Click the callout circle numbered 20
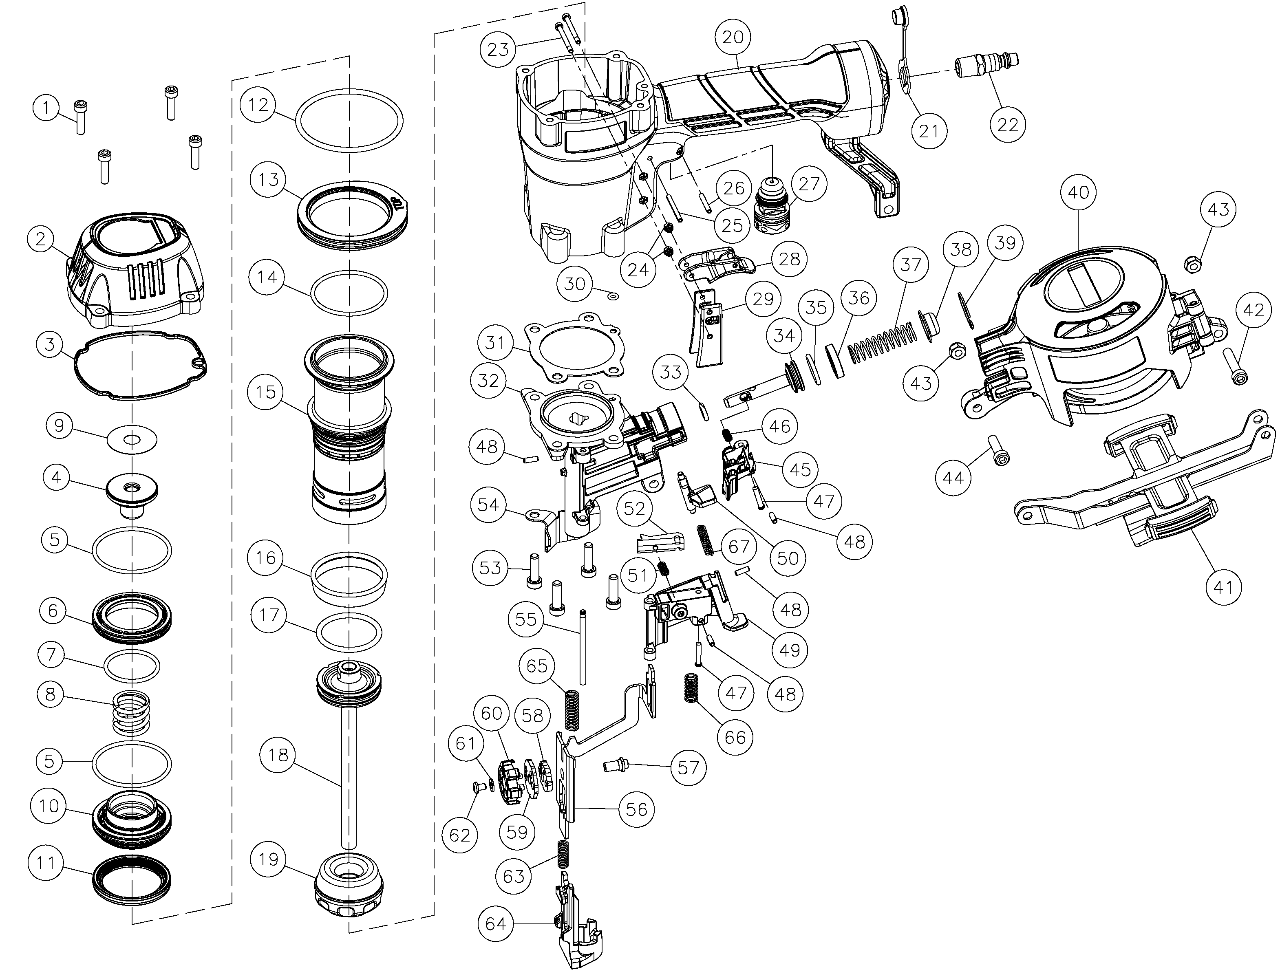point(733,37)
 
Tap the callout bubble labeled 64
point(496,923)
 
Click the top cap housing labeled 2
point(136,273)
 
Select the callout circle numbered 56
point(637,809)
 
